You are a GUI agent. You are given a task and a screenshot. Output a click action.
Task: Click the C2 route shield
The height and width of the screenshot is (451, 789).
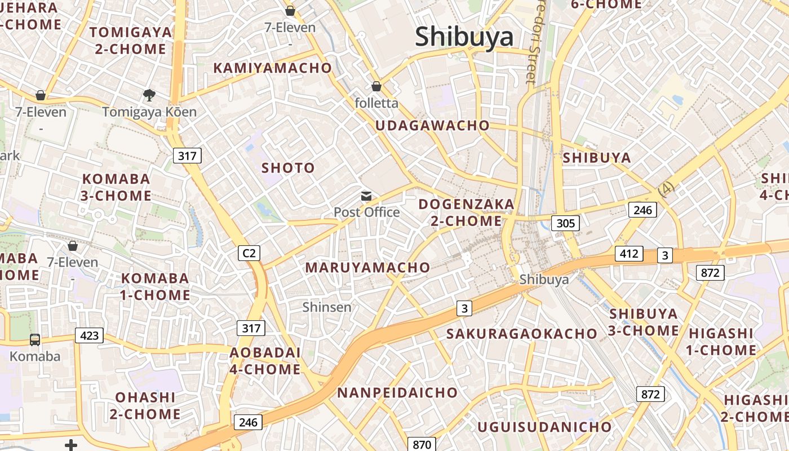[249, 254]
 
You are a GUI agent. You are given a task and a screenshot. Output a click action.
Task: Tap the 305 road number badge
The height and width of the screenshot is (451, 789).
[565, 223]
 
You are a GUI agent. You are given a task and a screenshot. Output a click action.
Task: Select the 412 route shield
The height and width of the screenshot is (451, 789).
[628, 254]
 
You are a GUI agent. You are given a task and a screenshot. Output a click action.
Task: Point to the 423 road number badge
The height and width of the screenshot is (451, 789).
[89, 336]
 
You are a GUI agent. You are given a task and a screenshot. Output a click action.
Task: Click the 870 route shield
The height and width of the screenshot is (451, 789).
[422, 444]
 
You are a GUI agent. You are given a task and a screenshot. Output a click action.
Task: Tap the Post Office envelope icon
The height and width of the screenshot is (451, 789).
[366, 196]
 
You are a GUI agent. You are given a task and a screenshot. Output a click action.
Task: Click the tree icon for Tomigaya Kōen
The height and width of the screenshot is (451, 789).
[149, 95]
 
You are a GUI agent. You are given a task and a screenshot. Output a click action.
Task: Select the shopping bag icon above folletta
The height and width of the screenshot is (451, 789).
[376, 86]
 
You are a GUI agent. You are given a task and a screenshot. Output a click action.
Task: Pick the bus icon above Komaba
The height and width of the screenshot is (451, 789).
[35, 339]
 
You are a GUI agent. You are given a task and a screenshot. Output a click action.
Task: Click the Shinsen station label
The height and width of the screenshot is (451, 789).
[327, 307]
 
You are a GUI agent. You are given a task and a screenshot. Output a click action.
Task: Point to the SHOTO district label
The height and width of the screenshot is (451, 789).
[288, 168]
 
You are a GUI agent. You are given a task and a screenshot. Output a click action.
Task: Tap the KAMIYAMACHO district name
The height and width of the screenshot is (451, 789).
[273, 68]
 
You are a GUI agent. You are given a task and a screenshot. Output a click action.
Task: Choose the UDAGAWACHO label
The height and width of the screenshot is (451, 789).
[432, 126]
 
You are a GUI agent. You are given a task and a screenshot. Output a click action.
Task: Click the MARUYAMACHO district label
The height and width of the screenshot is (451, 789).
[367, 268]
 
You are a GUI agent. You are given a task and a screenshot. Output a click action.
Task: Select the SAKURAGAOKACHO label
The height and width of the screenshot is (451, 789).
[521, 334]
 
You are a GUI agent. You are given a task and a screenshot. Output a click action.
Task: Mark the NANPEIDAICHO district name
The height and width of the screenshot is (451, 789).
[397, 393]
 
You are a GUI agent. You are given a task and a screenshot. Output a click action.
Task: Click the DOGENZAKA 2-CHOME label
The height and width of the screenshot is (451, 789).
[467, 212]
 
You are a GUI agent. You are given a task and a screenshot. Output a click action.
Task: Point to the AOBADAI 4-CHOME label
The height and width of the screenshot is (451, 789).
[265, 361]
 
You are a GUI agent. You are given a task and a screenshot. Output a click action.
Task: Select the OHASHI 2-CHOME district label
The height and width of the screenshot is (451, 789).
[145, 405]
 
